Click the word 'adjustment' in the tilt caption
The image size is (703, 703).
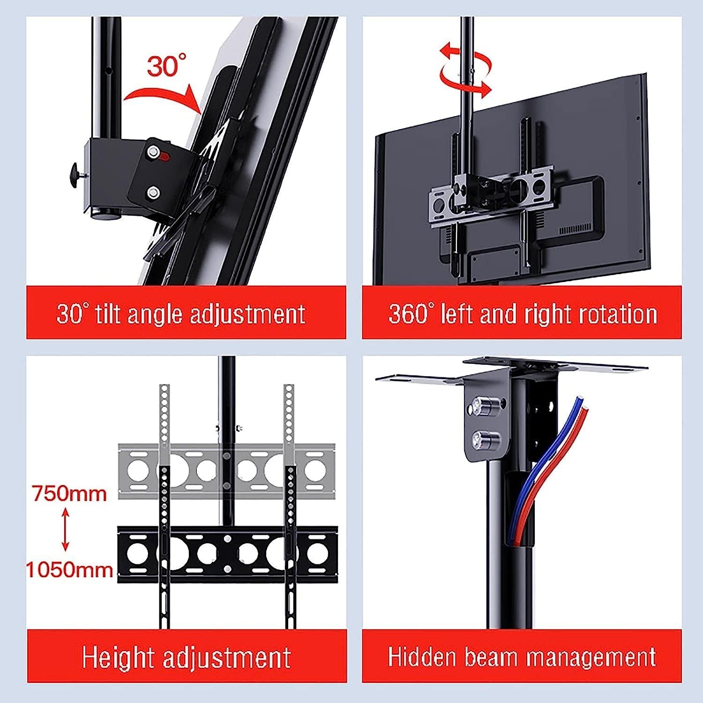(x=248, y=314)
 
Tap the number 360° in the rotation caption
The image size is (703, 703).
(x=409, y=313)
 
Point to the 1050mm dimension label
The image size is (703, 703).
(x=69, y=570)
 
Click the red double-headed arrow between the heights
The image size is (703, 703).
(x=65, y=531)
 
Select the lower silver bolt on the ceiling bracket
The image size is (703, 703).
(x=481, y=440)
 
